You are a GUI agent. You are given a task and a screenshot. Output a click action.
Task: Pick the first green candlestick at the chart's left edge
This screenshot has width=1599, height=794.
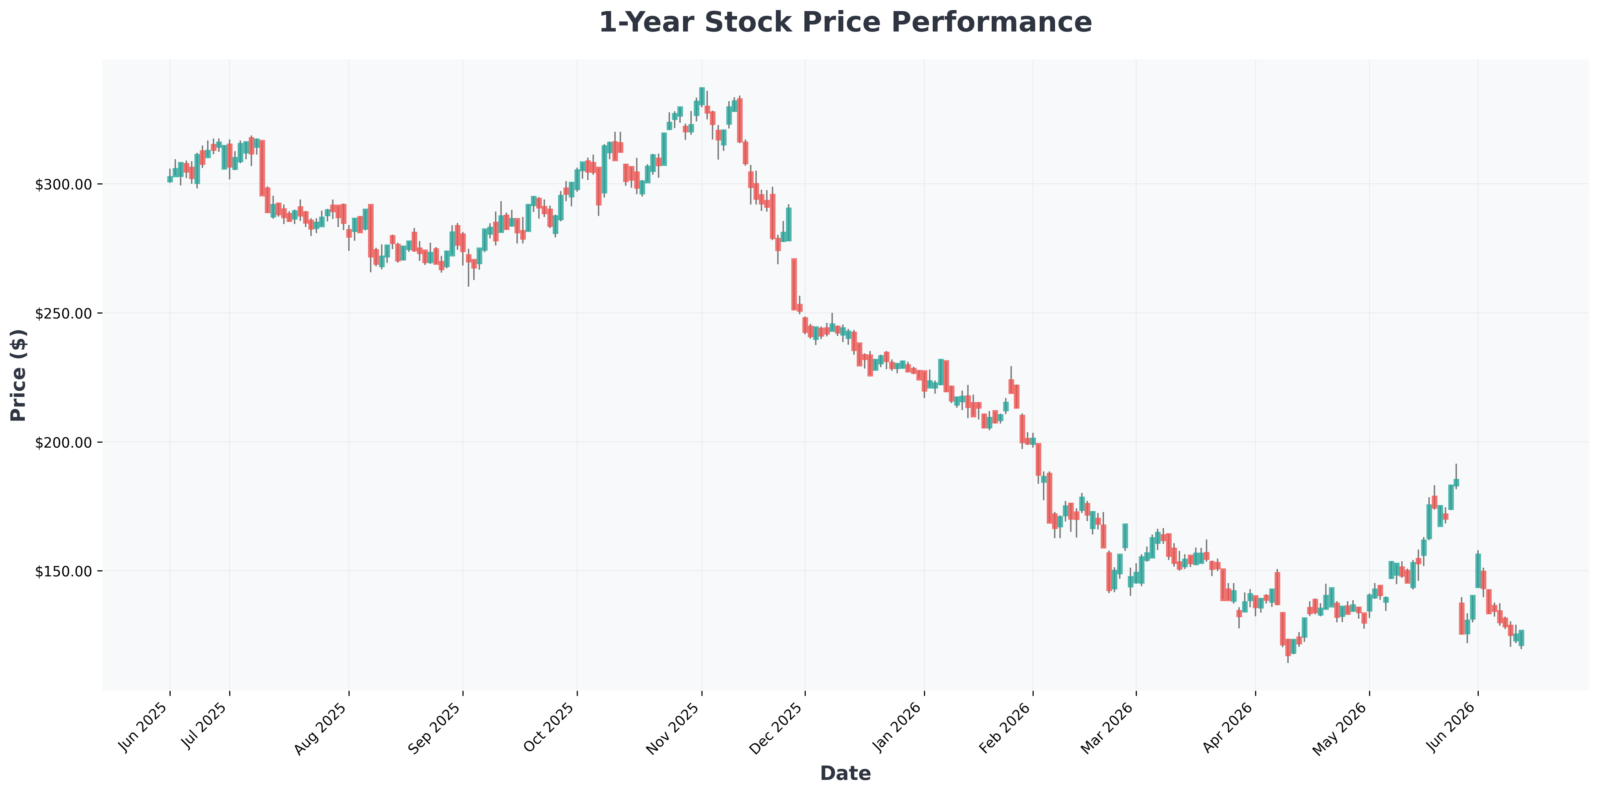pos(170,179)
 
